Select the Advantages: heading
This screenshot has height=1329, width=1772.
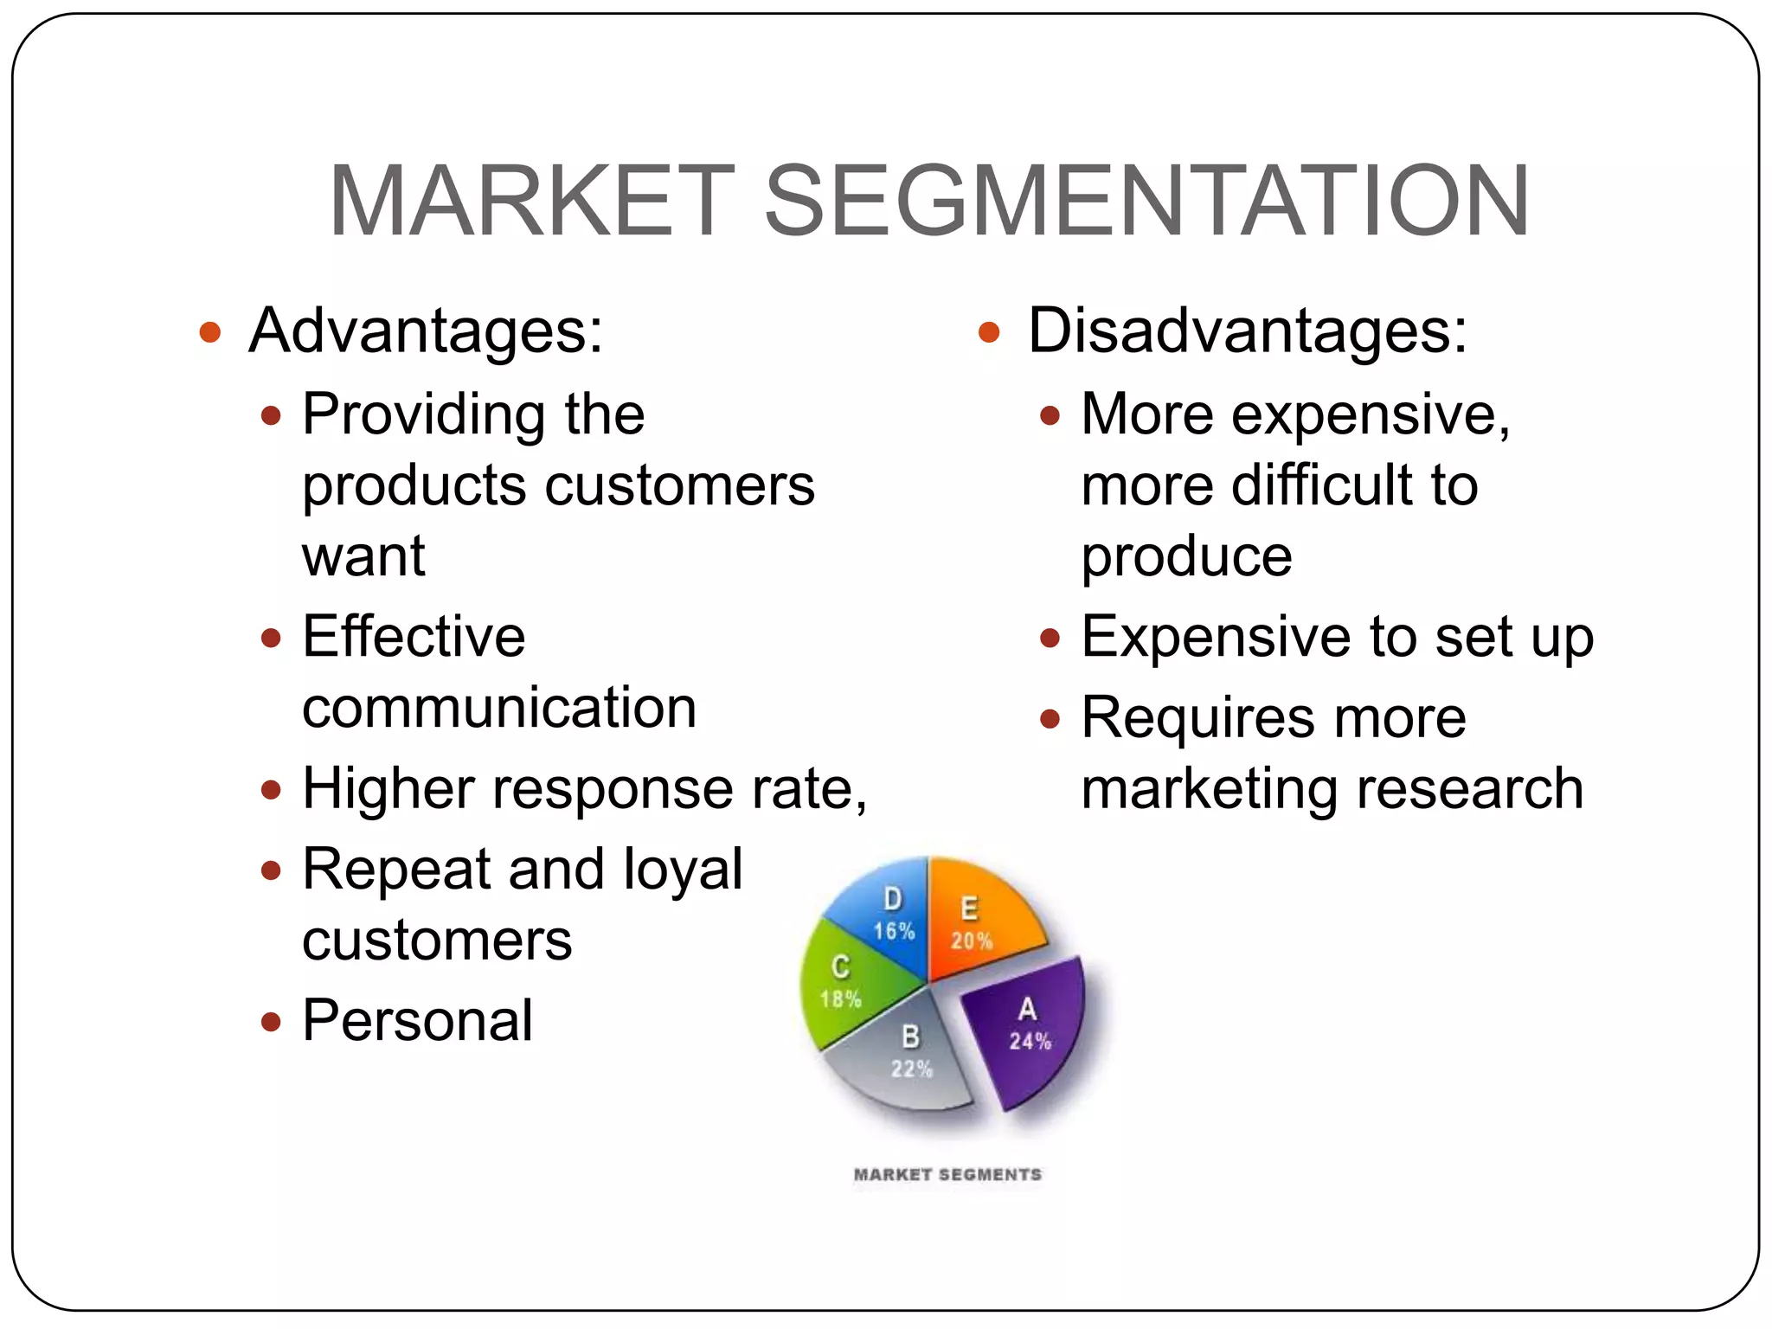tap(426, 331)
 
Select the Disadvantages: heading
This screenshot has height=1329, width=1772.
tap(1248, 331)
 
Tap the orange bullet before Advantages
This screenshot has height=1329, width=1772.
tap(210, 332)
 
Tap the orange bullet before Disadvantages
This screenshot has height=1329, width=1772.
tap(989, 332)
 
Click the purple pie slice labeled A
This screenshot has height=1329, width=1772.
tap(1030, 1030)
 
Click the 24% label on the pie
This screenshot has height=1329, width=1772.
tap(1030, 1042)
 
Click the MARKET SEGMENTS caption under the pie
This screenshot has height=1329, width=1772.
tap(947, 1175)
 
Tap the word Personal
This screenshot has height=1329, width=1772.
tap(417, 1021)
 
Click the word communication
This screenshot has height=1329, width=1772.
tap(499, 708)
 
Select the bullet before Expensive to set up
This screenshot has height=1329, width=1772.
tap(1050, 639)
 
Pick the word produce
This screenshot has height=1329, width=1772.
tap(1186, 556)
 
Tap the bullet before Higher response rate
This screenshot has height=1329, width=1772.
tap(271, 790)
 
